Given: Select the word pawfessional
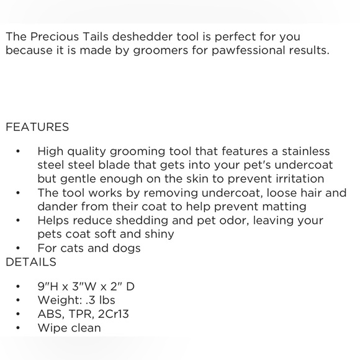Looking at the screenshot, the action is tap(228, 50).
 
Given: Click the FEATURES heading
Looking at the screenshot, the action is tap(37, 127).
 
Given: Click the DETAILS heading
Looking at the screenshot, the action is tap(31, 262).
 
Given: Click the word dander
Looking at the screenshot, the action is tap(57, 207).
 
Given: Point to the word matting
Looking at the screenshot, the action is tap(283, 207).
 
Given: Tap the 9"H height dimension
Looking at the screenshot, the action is tap(48, 287).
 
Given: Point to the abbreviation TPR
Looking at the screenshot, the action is tap(79, 314).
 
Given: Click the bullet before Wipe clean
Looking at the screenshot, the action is tap(20, 328).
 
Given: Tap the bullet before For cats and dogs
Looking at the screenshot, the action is tap(20, 248).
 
